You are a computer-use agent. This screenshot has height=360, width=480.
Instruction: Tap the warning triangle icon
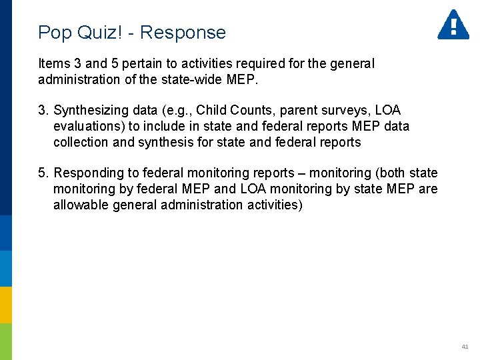tap(453, 25)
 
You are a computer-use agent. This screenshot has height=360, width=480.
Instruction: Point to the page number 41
tap(465, 347)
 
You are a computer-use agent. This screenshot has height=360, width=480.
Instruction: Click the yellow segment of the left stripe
tap(6, 305)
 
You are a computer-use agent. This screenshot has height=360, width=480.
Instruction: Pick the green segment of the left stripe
tap(6, 341)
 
